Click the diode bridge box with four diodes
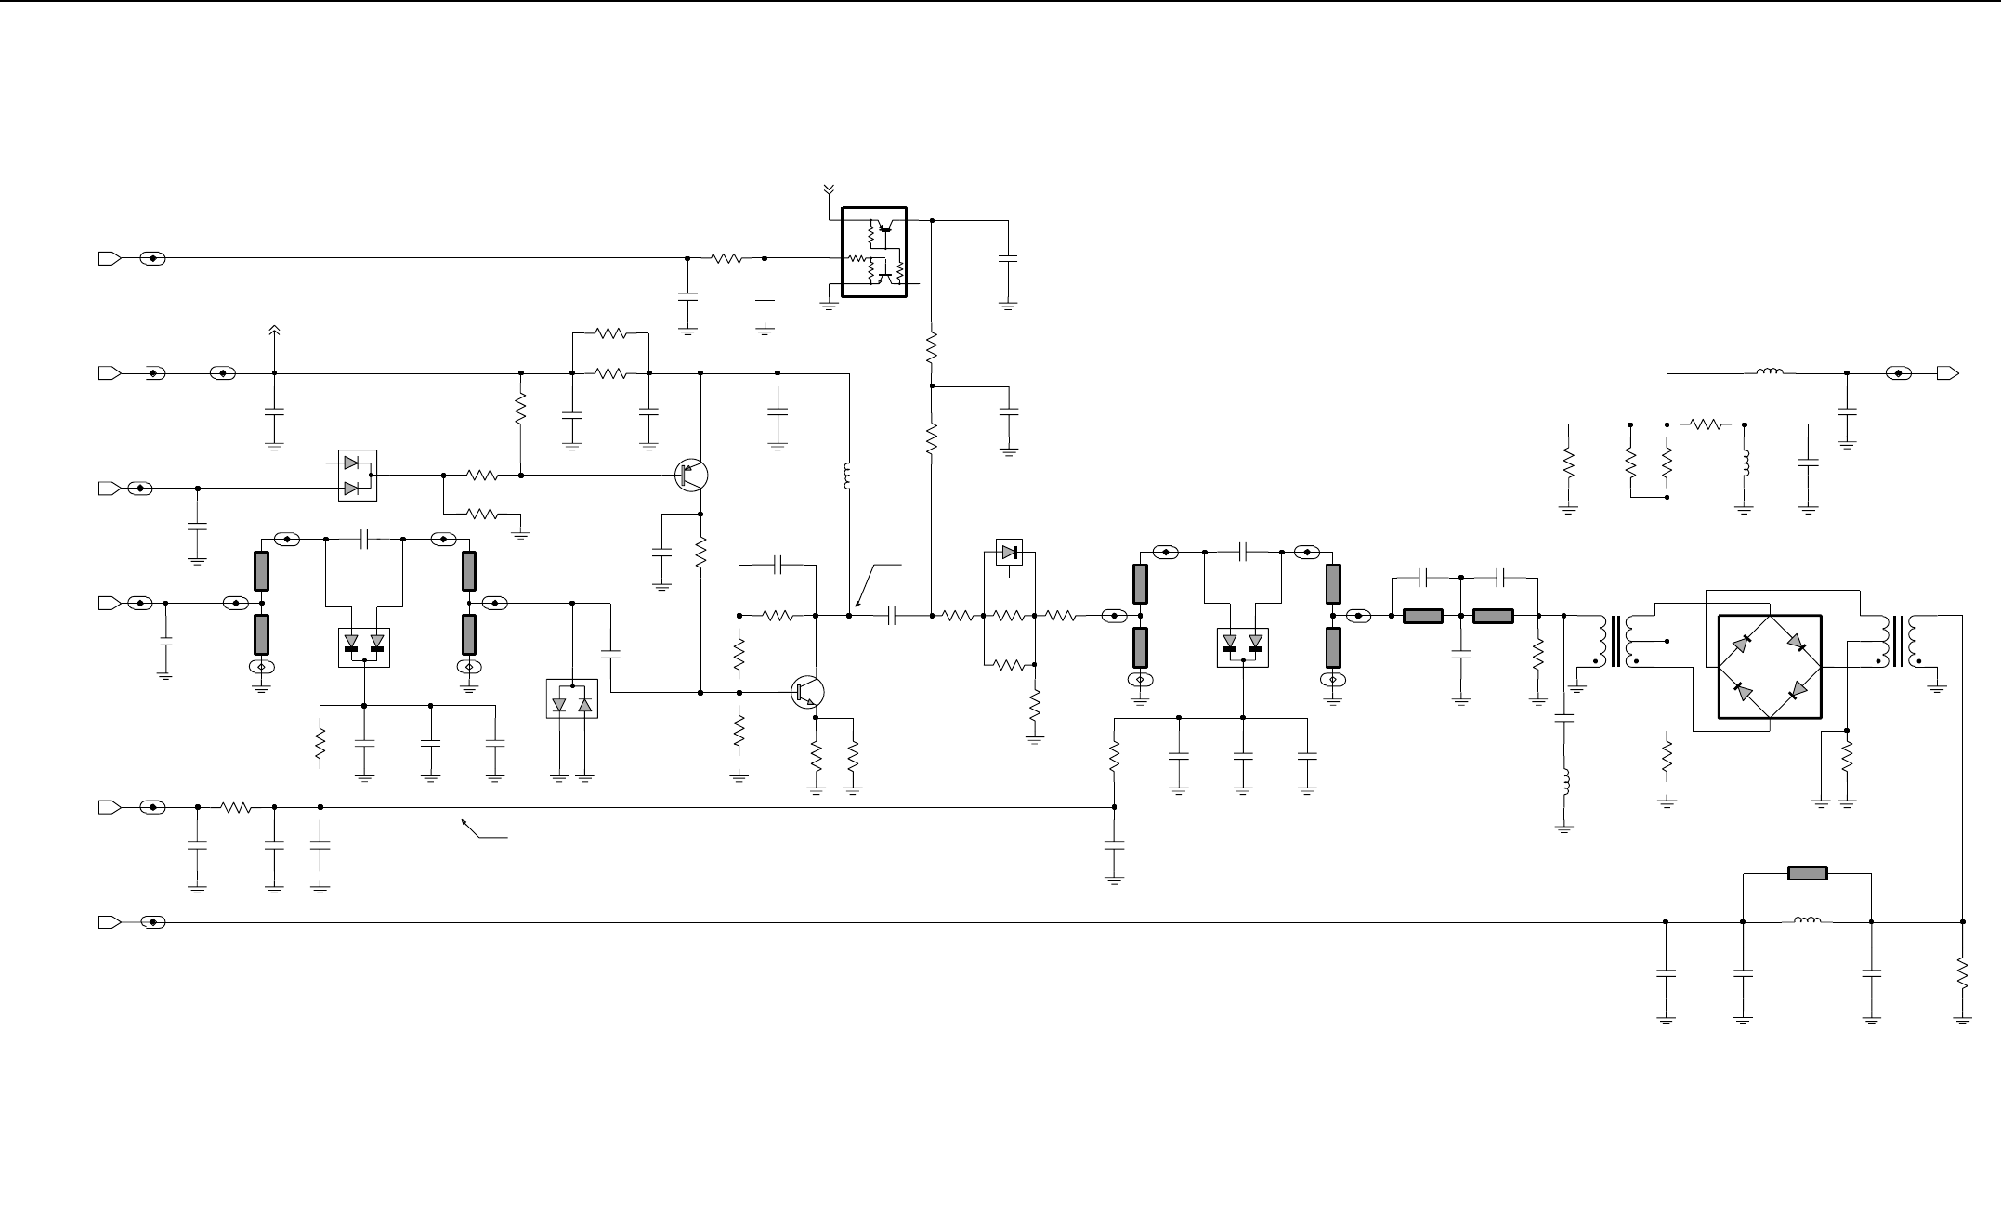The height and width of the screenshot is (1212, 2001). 1770,666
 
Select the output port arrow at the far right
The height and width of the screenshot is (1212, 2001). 1948,373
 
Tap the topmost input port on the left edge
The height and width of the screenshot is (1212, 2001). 109,258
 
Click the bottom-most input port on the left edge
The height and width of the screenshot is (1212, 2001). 109,922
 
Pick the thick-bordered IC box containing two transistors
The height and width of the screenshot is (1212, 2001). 873,252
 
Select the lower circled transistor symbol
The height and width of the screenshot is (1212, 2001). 808,693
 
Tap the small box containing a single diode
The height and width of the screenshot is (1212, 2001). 1009,552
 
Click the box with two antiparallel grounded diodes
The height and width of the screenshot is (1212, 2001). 571,698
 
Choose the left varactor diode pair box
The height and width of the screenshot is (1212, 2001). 363,646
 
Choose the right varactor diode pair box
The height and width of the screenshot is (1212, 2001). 1243,646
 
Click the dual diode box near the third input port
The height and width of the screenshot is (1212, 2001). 358,476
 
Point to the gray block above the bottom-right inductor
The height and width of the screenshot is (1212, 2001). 1807,873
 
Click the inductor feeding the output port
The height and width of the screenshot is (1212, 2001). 1769,372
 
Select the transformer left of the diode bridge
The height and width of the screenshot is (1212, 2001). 1617,641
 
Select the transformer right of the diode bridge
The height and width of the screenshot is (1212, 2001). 1897,641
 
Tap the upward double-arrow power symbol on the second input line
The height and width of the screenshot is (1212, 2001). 274,332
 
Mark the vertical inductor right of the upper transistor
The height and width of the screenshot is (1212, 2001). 848,476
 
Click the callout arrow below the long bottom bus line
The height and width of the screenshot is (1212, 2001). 484,829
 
